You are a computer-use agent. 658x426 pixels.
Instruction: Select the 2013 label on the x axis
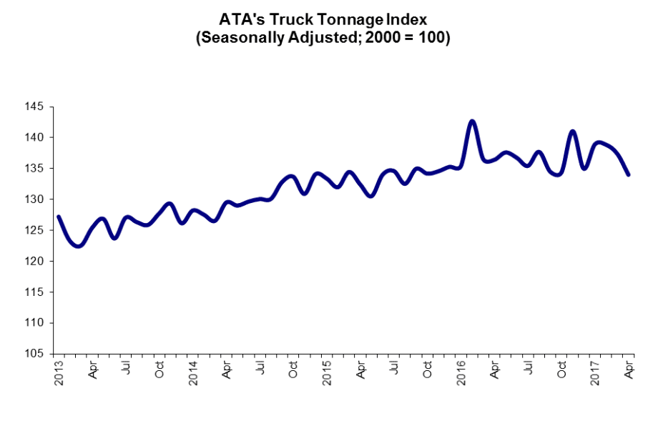coord(59,374)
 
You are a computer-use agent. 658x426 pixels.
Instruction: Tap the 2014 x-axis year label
coord(193,374)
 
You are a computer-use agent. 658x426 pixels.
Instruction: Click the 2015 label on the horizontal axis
coord(327,374)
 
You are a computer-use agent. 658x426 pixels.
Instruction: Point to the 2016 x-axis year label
coord(461,374)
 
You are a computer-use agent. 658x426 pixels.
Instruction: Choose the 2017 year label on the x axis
coord(595,374)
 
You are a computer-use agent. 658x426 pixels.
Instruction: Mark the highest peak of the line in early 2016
coord(472,121)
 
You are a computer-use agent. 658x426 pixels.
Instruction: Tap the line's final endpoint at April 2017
coord(628,174)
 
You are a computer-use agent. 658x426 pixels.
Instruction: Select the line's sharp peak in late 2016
coord(572,132)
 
